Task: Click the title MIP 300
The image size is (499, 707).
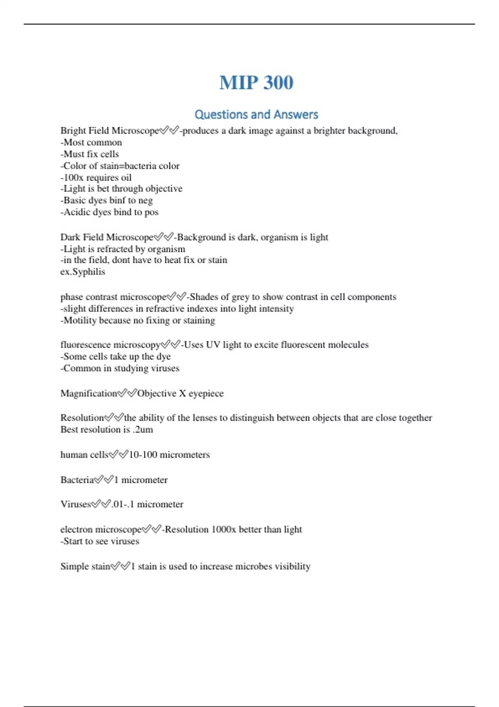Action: pyautogui.click(x=256, y=82)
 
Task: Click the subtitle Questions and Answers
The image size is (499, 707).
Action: pyautogui.click(x=256, y=114)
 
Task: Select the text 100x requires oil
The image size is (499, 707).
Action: pyautogui.click(x=96, y=178)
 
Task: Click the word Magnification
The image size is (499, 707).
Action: pyautogui.click(x=89, y=393)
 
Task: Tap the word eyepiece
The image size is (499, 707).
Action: pyautogui.click(x=206, y=393)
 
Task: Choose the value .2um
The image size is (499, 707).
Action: pyautogui.click(x=143, y=430)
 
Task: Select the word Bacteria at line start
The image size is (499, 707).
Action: pyautogui.click(x=77, y=480)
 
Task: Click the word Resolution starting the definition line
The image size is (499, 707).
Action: pyautogui.click(x=82, y=418)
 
